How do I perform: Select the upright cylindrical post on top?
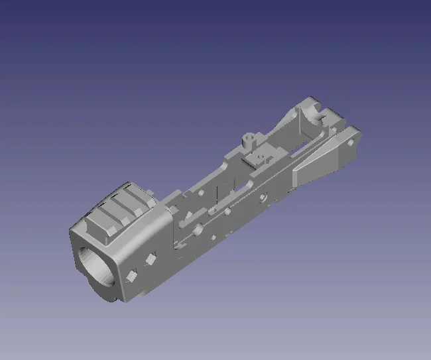coord(250,140)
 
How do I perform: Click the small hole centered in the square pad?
coord(261,157)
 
